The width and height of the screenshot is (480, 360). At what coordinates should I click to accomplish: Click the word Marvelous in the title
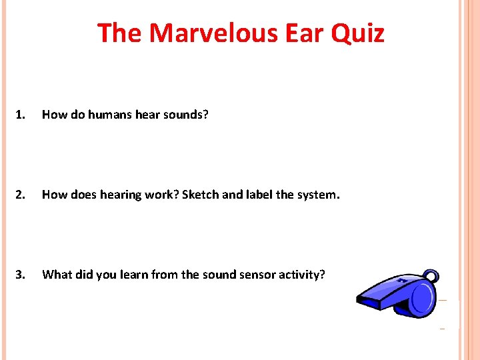point(207,33)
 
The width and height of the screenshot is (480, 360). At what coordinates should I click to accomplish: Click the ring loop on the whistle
point(432,276)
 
